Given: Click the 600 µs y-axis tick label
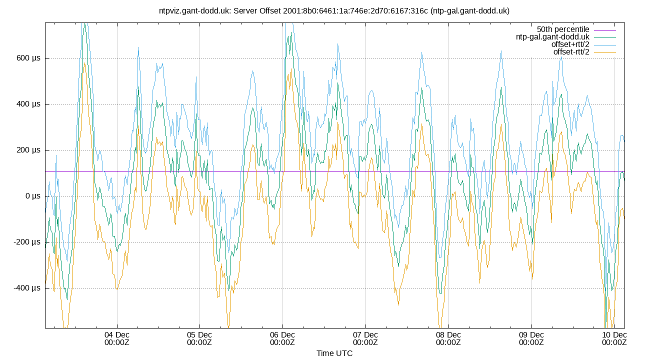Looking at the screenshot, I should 28,58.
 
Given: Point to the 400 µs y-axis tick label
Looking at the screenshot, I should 28,104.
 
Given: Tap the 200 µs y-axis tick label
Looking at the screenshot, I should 28,150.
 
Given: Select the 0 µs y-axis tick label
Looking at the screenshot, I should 32,196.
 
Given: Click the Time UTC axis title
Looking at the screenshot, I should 334,353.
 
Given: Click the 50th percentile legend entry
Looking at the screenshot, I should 563,29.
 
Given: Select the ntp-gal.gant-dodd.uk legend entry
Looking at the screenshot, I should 552,37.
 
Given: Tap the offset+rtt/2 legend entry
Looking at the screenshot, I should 570,44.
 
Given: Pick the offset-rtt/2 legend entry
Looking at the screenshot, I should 571,52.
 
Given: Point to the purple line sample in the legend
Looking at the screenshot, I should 604,29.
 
